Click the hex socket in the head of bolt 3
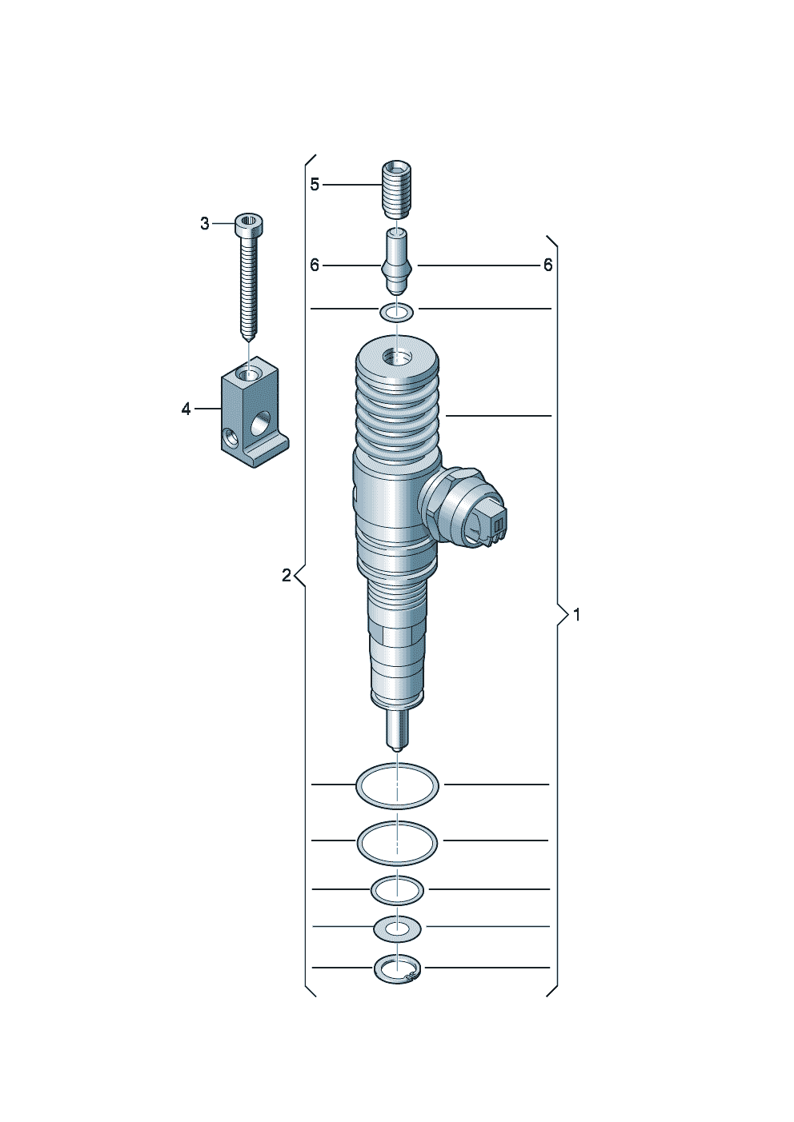pos(249,221)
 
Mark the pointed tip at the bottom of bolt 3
pos(249,341)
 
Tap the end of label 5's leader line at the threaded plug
pos(383,185)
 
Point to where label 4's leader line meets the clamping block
pos(222,409)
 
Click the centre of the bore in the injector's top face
pos(397,357)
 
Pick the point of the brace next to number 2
pos(295,576)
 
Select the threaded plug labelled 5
pos(397,190)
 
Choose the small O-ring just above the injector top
pos(397,313)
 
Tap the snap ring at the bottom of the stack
pos(398,970)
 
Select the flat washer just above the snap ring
pos(397,929)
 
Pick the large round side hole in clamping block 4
pos(260,422)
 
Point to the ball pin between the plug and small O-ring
pos(397,262)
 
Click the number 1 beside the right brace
pos(576,615)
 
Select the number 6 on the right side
pos(548,265)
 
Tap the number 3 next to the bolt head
pos(205,224)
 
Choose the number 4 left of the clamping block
pos(186,409)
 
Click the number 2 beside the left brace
pos(287,576)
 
